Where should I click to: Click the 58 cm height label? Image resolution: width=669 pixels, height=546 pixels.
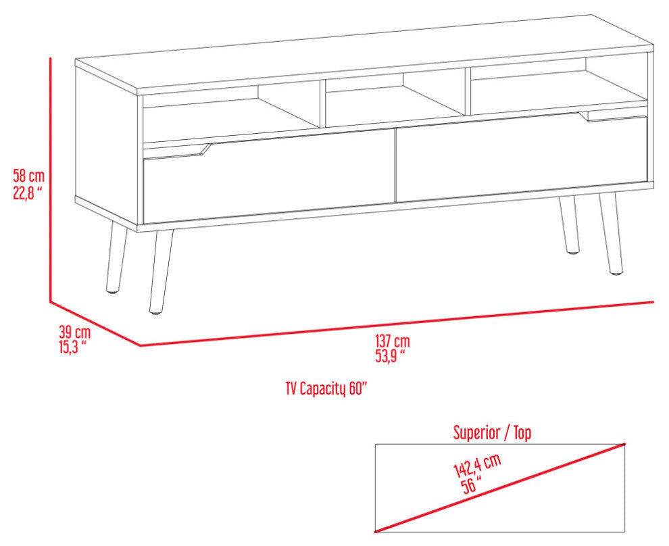pyautogui.click(x=28, y=176)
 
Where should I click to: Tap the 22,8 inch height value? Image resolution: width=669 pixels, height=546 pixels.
pyautogui.click(x=28, y=193)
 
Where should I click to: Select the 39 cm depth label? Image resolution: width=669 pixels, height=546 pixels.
pyautogui.click(x=74, y=332)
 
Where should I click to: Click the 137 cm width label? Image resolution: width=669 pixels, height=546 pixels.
pyautogui.click(x=393, y=341)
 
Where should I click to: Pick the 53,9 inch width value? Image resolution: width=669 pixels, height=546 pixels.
pyautogui.click(x=390, y=355)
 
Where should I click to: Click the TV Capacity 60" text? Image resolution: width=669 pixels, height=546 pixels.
pyautogui.click(x=326, y=389)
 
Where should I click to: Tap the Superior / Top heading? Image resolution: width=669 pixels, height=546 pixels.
pyautogui.click(x=492, y=432)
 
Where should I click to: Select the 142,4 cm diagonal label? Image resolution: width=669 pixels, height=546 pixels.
pyautogui.click(x=477, y=466)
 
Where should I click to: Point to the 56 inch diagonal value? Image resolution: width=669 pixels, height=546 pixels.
pyautogui.click(x=472, y=485)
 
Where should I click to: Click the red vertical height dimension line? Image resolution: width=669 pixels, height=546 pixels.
pyautogui.click(x=51, y=180)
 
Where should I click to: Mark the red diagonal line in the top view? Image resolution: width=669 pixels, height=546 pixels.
pyautogui.click(x=500, y=488)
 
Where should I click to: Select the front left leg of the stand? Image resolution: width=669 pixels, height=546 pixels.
pyautogui.click(x=160, y=272)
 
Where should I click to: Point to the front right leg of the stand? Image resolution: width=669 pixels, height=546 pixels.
pyautogui.click(x=611, y=234)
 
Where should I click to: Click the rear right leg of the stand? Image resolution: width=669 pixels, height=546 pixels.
pyautogui.click(x=570, y=225)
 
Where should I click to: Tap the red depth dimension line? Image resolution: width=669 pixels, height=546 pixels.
pyautogui.click(x=95, y=323)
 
